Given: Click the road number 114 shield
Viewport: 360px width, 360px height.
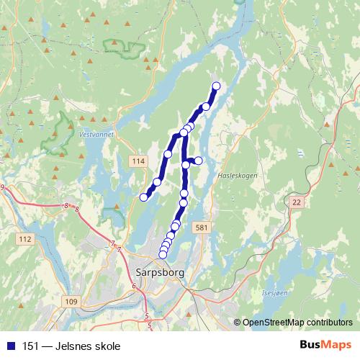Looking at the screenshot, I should point(138,161).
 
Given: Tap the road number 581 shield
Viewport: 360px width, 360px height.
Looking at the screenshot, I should point(201,228).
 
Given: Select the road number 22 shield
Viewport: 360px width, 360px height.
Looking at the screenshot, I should point(295,204).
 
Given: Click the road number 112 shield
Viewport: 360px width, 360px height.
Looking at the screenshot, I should point(26,238).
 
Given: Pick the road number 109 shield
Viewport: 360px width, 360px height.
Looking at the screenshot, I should point(70,301).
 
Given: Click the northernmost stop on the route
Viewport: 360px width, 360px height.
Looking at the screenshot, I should point(215,86).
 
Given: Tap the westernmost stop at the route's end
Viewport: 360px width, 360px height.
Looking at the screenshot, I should point(143,197).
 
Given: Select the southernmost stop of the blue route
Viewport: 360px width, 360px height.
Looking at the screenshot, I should point(163,253).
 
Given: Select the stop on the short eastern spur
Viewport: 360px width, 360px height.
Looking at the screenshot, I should point(199,160).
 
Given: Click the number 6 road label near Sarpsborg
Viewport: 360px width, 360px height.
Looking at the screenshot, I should point(134,286).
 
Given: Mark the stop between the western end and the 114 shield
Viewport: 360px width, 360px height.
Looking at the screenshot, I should point(156,181).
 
